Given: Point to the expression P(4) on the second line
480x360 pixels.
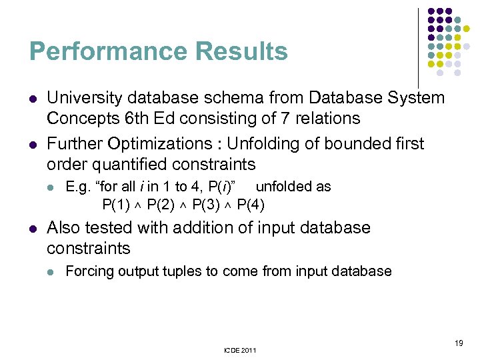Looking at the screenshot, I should (251, 203).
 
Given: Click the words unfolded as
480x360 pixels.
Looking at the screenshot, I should (293, 187).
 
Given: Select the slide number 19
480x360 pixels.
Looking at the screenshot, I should (459, 343).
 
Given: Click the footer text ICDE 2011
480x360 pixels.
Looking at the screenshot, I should (240, 350).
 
